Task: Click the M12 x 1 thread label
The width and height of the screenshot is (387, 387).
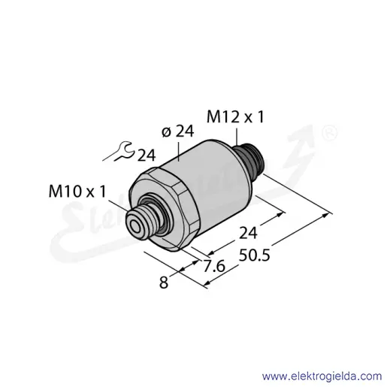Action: [x=235, y=117]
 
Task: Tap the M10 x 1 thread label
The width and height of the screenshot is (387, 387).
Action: [x=77, y=191]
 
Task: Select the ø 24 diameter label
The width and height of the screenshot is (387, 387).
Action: [x=177, y=132]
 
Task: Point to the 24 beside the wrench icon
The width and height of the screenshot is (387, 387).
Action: [x=147, y=156]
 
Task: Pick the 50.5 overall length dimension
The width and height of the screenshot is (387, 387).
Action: [x=254, y=255]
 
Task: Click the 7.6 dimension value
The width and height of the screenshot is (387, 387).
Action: [x=214, y=266]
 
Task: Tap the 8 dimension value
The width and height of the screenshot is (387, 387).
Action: [x=164, y=283]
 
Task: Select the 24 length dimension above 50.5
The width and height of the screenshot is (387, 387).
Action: [x=248, y=233]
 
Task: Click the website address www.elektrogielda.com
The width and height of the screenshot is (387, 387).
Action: [x=322, y=376]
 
